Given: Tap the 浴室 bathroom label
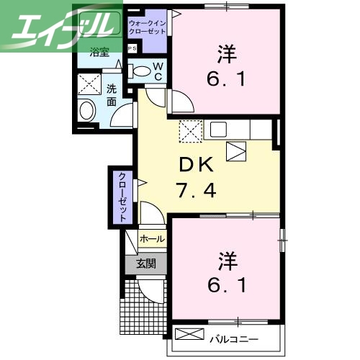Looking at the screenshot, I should click(x=99, y=52).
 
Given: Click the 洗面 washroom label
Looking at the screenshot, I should click(x=112, y=95).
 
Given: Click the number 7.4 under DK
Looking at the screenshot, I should click(x=195, y=192).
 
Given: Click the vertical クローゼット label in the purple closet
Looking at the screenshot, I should click(x=122, y=197).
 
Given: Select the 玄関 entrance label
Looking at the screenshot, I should click(x=146, y=264).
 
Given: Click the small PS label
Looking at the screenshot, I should click(x=132, y=48).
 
